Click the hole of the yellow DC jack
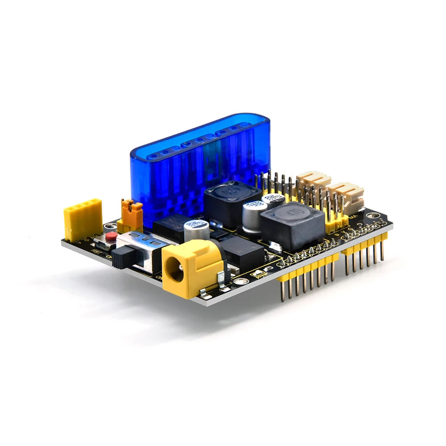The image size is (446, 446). [175, 271]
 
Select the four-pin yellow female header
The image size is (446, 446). [83, 219]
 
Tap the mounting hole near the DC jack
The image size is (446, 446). [240, 281]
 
